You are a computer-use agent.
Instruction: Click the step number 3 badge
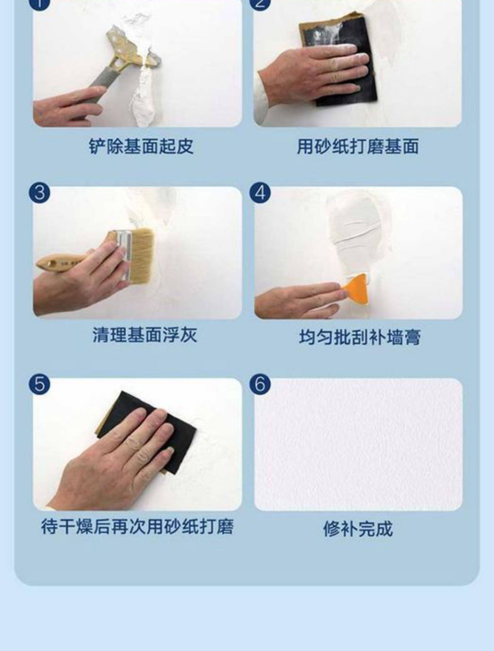pos(40,193)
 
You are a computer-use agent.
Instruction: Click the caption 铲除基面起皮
pos(141,146)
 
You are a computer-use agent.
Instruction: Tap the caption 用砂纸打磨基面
pos(358,146)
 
